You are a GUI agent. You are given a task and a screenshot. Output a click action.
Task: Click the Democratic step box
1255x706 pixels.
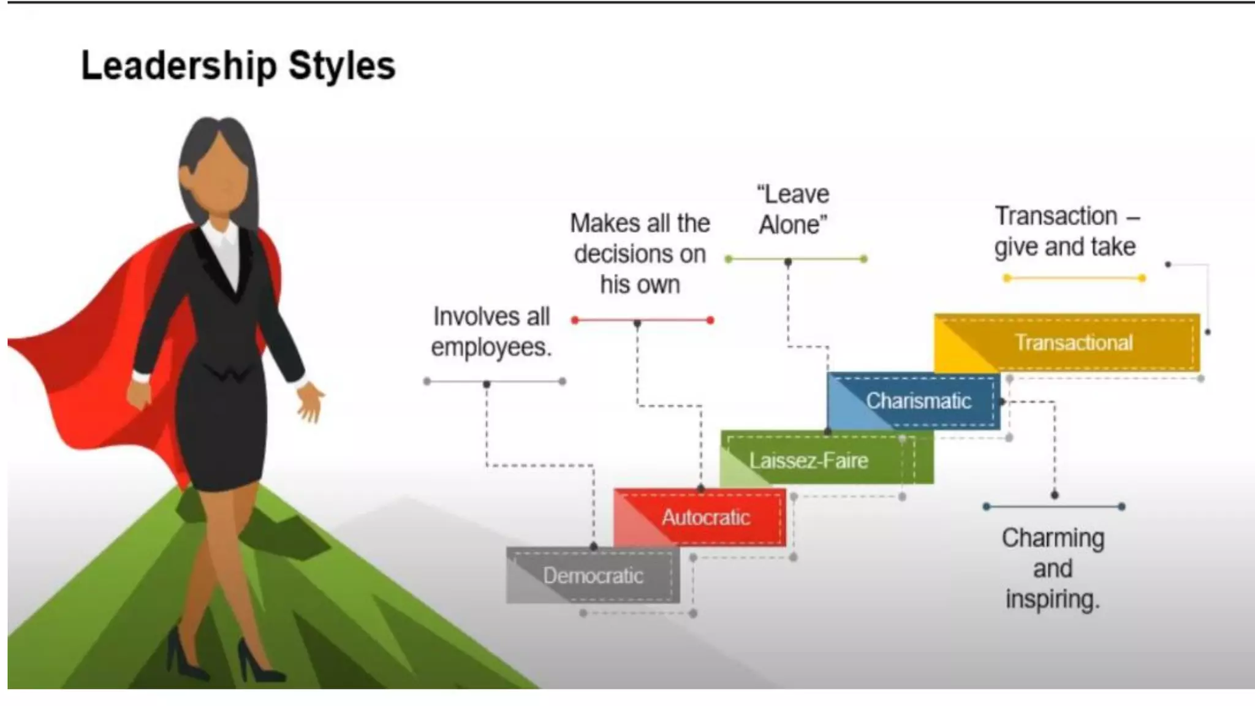pos(593,575)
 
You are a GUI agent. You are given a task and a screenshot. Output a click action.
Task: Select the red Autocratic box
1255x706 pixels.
pos(700,518)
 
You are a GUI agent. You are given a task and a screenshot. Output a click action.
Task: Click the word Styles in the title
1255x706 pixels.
pos(342,66)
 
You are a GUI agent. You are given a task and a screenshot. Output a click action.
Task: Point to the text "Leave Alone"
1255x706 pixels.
pos(793,210)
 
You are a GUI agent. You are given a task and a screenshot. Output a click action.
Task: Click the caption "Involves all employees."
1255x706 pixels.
pos(491,332)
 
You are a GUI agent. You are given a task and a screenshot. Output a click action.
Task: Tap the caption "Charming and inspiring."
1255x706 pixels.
pos(1053,568)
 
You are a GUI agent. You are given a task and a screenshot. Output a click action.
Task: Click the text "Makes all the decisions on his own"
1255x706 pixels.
pos(640,254)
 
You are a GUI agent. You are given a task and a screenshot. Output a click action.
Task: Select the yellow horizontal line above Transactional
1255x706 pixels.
pos(1074,278)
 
